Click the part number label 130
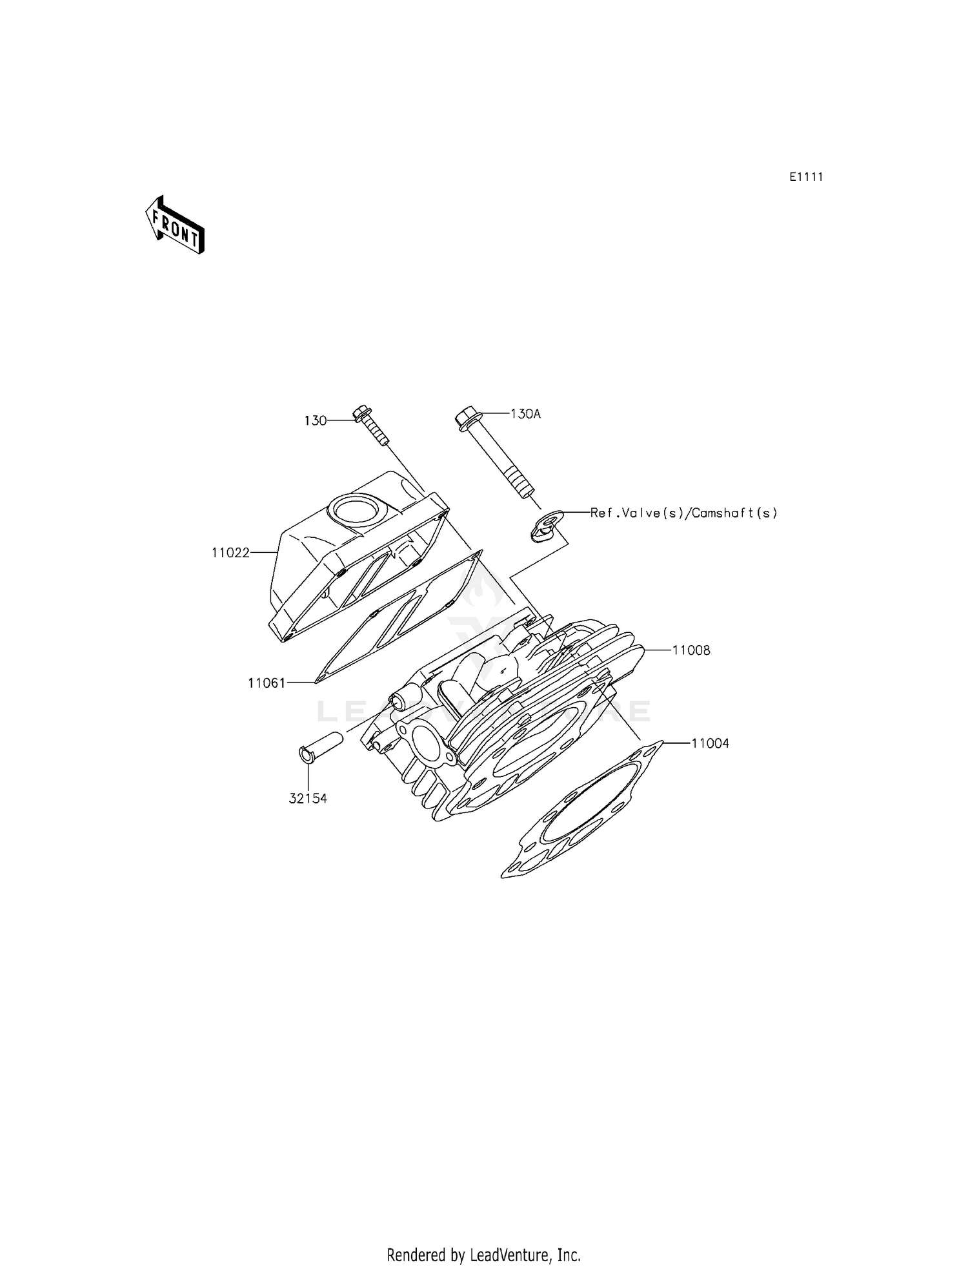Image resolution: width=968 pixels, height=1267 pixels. pos(316,421)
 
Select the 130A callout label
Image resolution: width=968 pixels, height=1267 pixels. pos(525,414)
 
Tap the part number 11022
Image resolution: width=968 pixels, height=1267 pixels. pos(230,553)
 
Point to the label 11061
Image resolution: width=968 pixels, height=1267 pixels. pos(267,683)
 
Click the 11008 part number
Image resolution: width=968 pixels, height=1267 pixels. pos(691,650)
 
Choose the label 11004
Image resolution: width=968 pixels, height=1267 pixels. pos(710,743)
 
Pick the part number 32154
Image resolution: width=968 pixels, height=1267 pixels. pos(308,799)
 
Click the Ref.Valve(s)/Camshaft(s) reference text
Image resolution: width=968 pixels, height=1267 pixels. pos(684,513)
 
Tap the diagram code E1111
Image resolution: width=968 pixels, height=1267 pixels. pos(806,177)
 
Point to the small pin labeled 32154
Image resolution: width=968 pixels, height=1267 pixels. pos(321,747)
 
